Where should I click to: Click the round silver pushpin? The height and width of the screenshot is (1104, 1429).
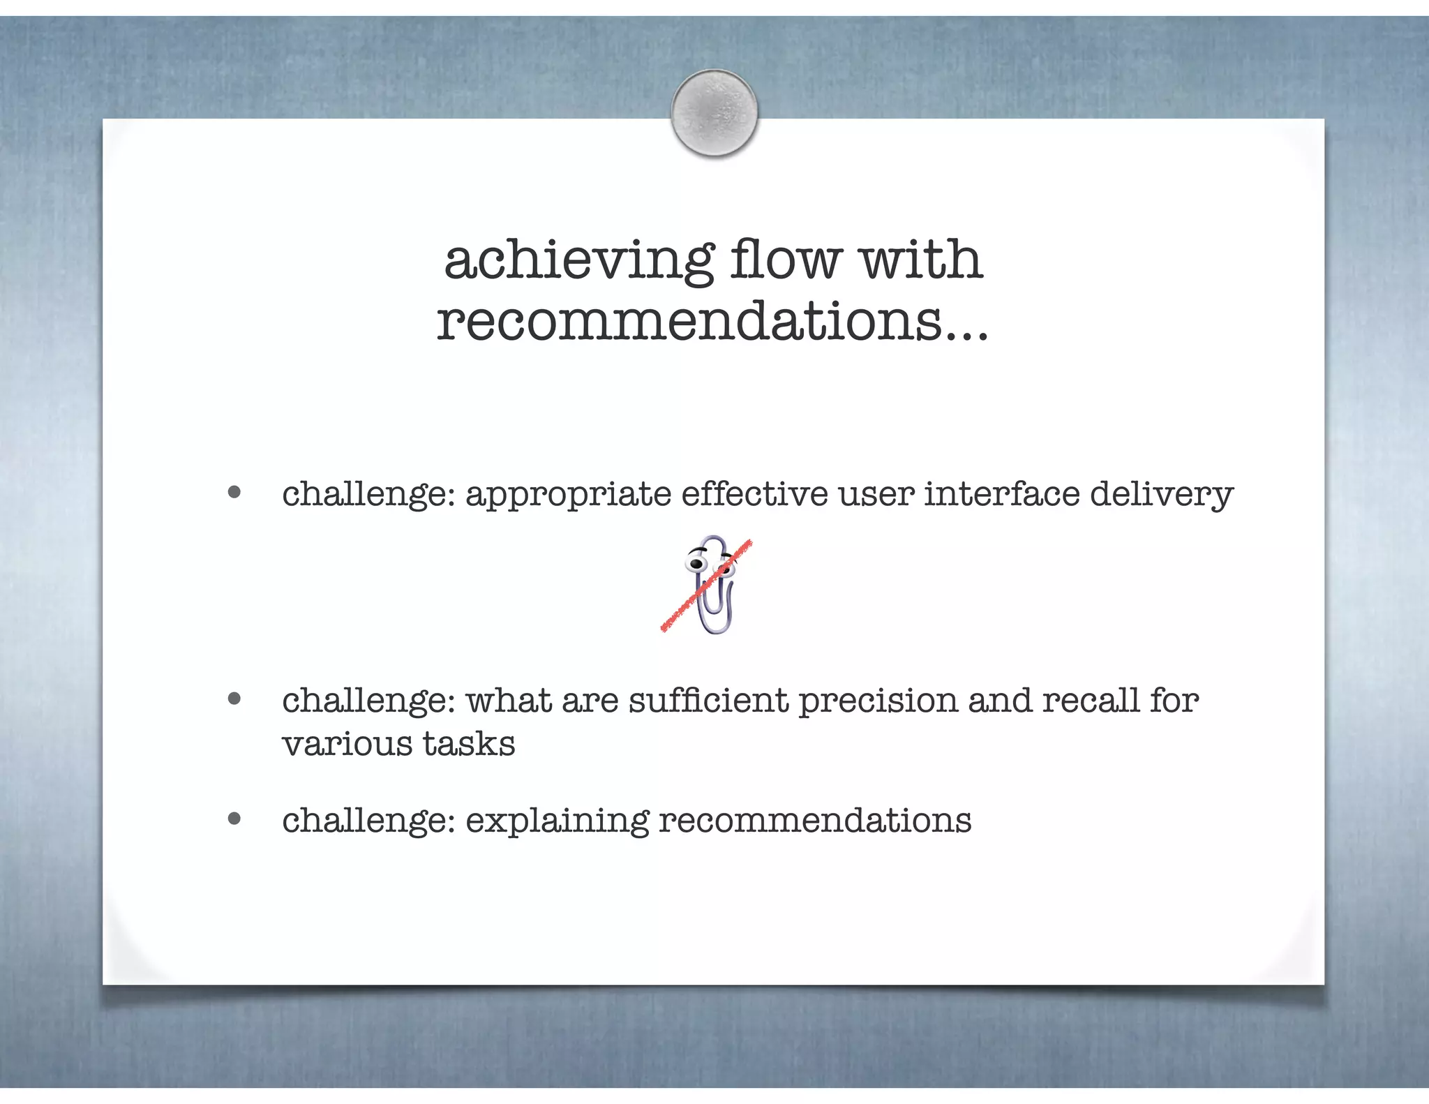coord(714,112)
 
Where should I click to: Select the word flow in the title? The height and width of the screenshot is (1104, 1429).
coord(785,259)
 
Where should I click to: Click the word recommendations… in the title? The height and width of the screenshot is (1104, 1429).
coord(712,321)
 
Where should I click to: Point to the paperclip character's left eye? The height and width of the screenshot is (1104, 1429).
coord(696,563)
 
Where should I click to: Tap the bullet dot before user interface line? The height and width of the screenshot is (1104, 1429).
coord(234,493)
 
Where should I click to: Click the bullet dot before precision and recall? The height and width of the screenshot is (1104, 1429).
coord(234,699)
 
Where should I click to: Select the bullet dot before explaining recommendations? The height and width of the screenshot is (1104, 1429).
coord(234,819)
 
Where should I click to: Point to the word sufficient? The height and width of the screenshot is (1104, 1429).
coord(708,700)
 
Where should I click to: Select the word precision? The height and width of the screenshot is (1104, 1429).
coord(878,701)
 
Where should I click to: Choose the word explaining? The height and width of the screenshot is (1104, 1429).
coord(557,821)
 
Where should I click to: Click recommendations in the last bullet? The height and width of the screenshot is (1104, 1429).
coord(814,820)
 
